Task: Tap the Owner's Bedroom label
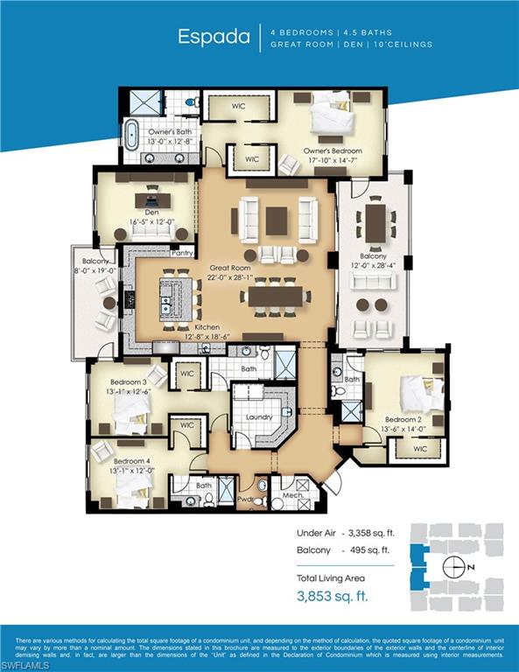point(333,150)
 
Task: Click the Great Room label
point(229,269)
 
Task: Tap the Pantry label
point(182,253)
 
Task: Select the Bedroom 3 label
point(129,381)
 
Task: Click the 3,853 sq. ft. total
point(333,596)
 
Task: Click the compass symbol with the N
point(454,567)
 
